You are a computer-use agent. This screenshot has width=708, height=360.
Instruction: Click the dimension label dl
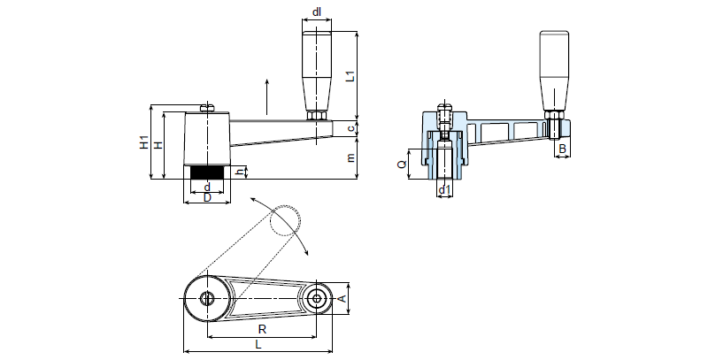317,12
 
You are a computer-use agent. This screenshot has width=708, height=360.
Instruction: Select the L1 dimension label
351,75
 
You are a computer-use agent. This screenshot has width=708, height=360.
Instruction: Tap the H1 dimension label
145,142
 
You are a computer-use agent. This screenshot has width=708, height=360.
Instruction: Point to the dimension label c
351,129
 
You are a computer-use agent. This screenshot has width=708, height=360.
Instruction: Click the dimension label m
351,158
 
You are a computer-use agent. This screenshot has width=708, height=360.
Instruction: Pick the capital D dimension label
207,197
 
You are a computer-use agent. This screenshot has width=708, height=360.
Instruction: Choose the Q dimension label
402,164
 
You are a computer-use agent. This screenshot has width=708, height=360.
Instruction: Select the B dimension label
561,150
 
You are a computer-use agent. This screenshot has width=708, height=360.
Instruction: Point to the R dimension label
262,329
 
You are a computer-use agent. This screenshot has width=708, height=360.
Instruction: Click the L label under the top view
258,343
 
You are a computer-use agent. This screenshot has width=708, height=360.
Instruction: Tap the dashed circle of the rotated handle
286,221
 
